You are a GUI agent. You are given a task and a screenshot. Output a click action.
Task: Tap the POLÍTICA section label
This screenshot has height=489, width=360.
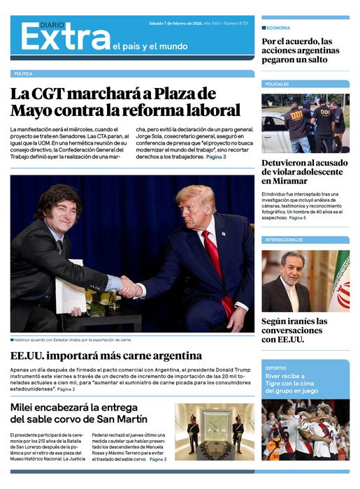pos(23,73)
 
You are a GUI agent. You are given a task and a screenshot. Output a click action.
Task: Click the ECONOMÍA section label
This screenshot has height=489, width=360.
pos(278,28)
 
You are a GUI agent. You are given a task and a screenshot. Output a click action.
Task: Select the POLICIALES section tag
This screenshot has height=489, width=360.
pos(277,84)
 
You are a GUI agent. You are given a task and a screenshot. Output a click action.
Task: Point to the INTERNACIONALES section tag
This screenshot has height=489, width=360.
pos(284,240)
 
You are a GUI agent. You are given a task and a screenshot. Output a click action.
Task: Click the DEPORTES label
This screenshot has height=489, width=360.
pos(275,367)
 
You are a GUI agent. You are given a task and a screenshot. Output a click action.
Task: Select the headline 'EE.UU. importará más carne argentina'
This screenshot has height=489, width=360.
pos(106,356)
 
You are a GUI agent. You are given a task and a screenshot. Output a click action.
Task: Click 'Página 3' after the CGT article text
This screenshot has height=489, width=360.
pos(216,157)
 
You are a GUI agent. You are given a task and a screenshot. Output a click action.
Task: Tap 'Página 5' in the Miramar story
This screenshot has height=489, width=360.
pos(297,218)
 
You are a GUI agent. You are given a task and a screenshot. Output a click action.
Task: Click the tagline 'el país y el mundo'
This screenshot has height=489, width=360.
pos(150,47)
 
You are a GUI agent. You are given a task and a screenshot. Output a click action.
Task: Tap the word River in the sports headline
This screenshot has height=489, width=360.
pos(274,376)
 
